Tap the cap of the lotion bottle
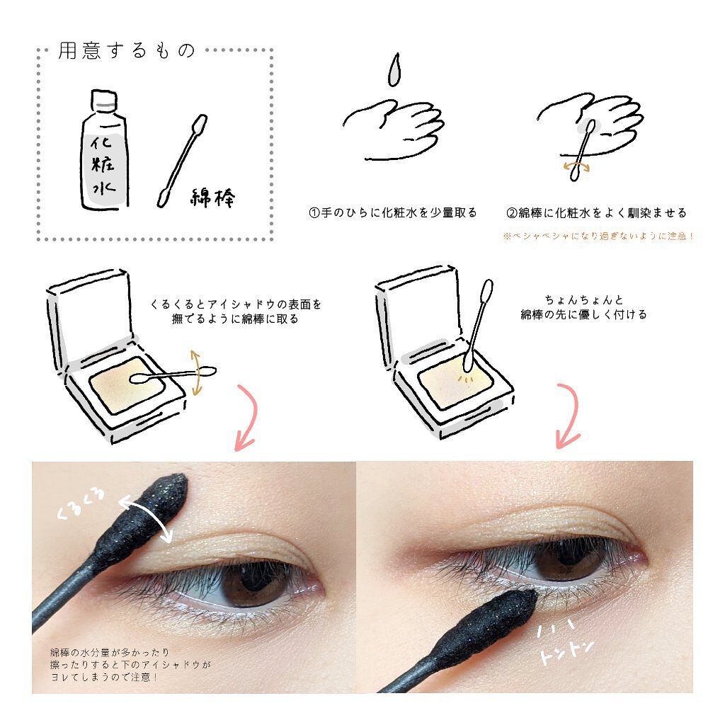(104, 100)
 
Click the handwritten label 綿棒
(212, 198)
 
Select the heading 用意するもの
(127, 50)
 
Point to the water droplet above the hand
(394, 70)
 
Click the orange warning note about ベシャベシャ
(599, 236)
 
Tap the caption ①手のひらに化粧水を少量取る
(392, 212)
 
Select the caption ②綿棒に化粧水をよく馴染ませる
(596, 212)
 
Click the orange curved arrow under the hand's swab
(576, 167)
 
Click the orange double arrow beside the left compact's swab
(197, 372)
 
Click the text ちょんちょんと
(584, 299)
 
